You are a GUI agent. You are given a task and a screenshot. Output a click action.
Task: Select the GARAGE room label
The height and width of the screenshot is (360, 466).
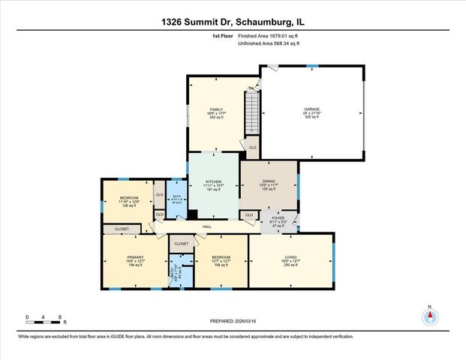pyautogui.click(x=311, y=109)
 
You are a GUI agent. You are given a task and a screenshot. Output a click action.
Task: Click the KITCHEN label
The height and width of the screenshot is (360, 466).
pyautogui.click(x=214, y=181)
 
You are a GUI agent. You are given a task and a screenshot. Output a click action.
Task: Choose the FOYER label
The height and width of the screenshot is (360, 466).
pyautogui.click(x=277, y=217)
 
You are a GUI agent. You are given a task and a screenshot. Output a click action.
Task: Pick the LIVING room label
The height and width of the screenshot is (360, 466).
pyautogui.click(x=290, y=257)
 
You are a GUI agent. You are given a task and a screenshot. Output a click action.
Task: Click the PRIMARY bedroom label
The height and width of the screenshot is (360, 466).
pyautogui.click(x=134, y=257)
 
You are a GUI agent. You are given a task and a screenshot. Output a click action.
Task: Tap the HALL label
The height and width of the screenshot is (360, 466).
pyautogui.click(x=206, y=226)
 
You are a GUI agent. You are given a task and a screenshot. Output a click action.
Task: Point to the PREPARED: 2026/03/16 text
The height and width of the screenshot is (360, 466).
pyautogui.click(x=233, y=320)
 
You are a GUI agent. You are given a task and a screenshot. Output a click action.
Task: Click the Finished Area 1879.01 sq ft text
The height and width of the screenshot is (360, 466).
pyautogui.click(x=267, y=35)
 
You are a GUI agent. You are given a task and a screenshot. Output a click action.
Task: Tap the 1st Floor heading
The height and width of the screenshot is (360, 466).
pyautogui.click(x=222, y=35)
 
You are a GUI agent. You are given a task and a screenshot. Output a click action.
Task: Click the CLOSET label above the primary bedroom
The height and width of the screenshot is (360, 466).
pyautogui.click(x=122, y=229)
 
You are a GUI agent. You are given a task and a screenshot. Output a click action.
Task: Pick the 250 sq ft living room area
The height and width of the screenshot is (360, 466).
pyautogui.click(x=290, y=266)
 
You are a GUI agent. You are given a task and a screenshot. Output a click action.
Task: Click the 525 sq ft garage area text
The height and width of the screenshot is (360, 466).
pyautogui.click(x=311, y=118)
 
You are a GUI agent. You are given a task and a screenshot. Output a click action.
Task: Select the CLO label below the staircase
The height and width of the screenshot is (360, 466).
pyautogui.click(x=252, y=148)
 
